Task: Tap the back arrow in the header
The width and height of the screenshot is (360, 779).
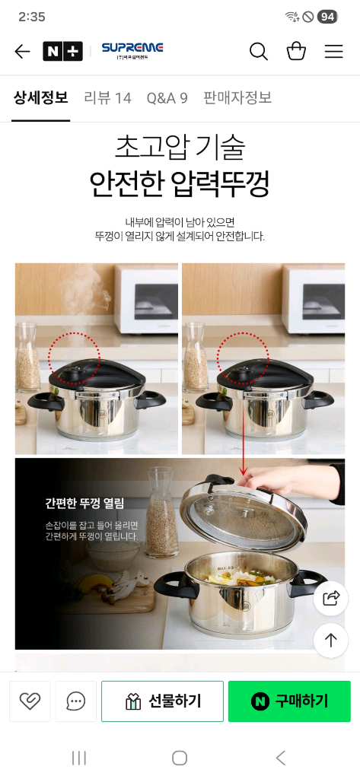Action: pos(22,51)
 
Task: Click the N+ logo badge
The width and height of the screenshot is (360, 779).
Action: pos(62,51)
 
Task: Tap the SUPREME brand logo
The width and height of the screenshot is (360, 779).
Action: pos(132,50)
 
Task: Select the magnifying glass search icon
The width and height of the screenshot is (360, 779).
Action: pos(259,51)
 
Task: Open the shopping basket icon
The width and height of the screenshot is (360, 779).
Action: pos(296,51)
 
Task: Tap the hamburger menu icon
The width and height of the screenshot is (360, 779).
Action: pos(333,51)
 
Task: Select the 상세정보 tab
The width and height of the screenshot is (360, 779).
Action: pos(41,97)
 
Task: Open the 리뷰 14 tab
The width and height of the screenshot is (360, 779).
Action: pos(107,98)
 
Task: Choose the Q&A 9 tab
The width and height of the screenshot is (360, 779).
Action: pos(167,98)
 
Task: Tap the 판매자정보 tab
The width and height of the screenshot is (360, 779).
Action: pos(237,97)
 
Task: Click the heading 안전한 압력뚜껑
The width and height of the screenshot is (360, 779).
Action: pos(180,183)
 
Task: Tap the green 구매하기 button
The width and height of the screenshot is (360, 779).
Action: pos(289,701)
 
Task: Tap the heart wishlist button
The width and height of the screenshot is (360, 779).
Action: pos(30,701)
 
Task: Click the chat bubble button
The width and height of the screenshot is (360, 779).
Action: pos(75,701)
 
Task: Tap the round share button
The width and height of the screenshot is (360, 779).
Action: pos(330,598)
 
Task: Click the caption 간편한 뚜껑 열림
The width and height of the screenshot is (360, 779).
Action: pos(84,504)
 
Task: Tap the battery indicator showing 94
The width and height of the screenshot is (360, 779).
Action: pos(327,17)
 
